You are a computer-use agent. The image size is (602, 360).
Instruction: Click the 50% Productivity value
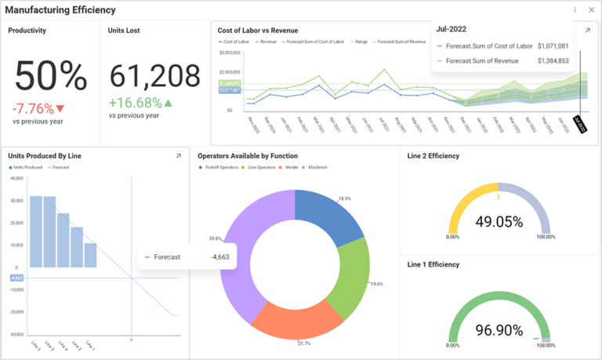pos(51,76)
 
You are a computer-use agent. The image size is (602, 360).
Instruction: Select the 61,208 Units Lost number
pos(154,76)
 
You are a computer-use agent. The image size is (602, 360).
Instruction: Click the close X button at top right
pos(591,10)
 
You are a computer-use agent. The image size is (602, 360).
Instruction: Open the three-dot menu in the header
pos(575,10)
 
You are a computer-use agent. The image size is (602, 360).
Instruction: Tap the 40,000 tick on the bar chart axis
pos(16,178)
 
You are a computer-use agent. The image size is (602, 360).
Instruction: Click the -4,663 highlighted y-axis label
pos(16,278)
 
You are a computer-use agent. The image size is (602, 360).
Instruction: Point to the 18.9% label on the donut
pos(345,199)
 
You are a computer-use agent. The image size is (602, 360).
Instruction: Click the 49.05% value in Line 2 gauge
pos(499,222)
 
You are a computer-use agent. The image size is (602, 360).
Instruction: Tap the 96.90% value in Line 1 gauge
pos(499,330)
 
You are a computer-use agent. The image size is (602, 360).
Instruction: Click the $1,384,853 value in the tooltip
pos(553,60)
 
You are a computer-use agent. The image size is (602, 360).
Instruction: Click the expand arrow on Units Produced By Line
pos(178,156)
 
